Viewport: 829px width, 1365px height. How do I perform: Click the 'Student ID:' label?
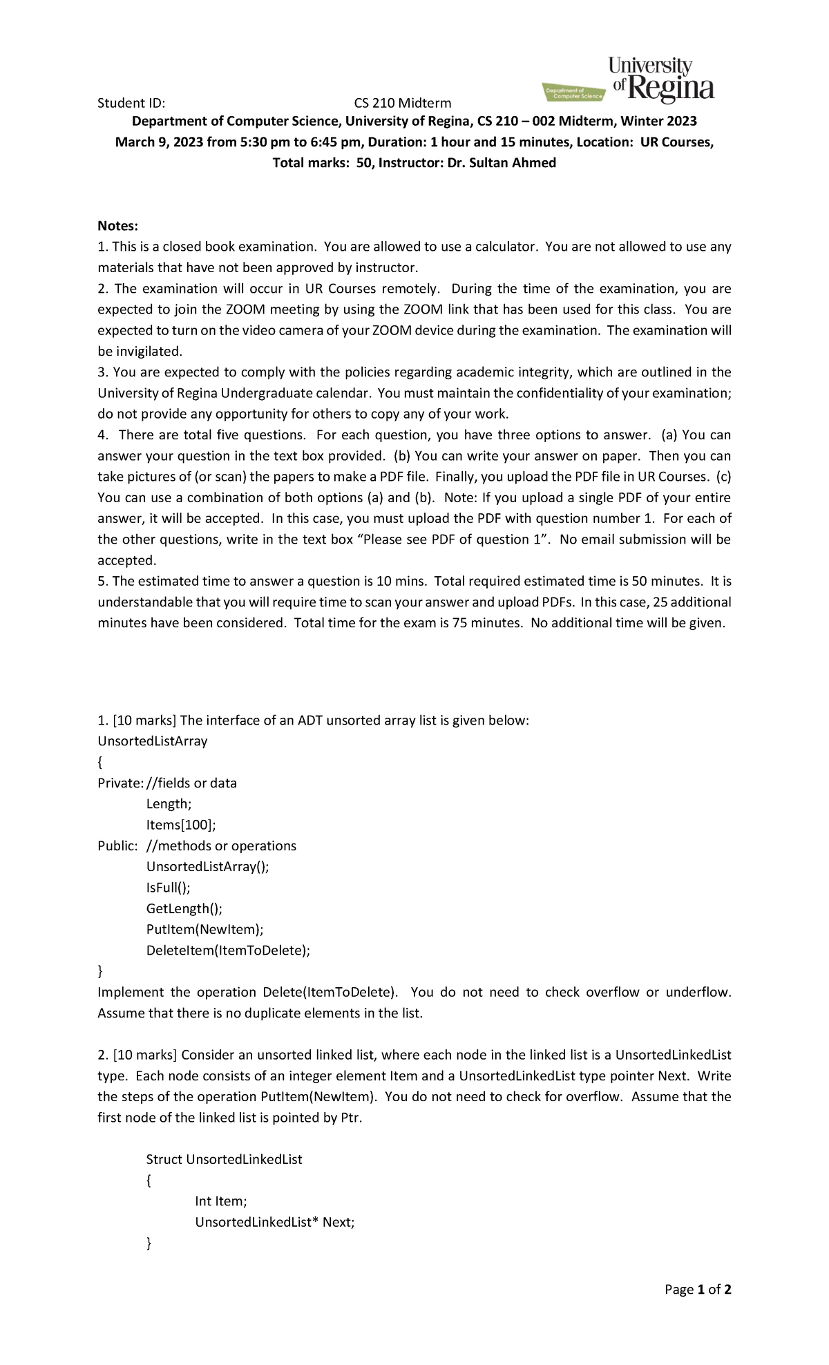coord(131,104)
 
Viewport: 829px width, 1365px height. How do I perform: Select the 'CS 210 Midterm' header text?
coord(402,104)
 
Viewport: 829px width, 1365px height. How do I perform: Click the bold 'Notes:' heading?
coord(118,226)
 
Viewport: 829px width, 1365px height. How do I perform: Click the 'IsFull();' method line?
coord(168,888)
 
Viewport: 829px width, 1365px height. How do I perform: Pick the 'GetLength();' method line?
coord(184,908)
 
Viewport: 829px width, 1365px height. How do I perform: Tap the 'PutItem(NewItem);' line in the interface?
coord(204,929)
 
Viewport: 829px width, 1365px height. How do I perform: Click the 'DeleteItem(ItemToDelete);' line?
coord(228,951)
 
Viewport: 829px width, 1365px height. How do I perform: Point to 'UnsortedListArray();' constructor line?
coord(207,867)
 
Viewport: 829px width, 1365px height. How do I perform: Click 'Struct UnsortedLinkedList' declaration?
coord(224,1160)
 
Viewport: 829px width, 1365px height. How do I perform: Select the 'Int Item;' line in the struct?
coord(220,1201)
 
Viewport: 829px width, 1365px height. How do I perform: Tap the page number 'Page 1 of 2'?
coord(697,1290)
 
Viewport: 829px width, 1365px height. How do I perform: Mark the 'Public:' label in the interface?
coord(117,846)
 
